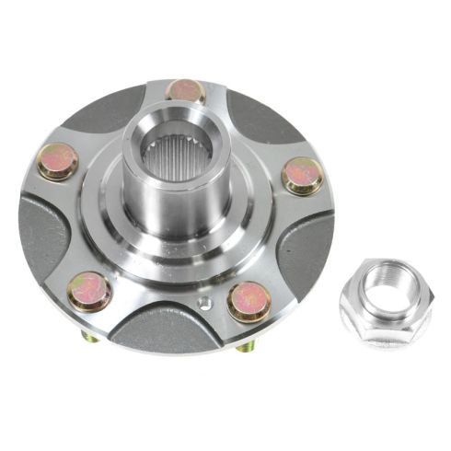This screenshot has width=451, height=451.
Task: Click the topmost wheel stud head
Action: coord(185,90)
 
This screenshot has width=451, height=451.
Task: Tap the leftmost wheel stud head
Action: coord(58,162)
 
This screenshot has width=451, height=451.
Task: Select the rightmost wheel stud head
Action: coord(302,175)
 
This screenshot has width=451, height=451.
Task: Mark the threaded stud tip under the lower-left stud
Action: coord(89,337)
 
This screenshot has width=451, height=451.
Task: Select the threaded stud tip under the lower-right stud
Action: coord(247,347)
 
